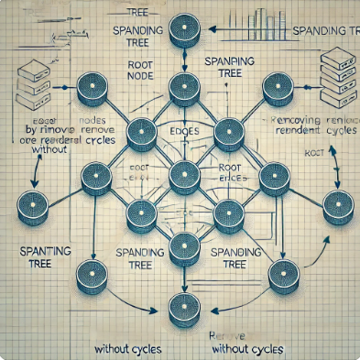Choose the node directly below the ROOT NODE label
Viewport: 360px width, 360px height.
(141, 134)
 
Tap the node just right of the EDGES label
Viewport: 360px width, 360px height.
(224, 135)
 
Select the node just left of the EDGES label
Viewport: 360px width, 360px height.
(141, 134)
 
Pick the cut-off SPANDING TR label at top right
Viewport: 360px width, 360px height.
(322, 30)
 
